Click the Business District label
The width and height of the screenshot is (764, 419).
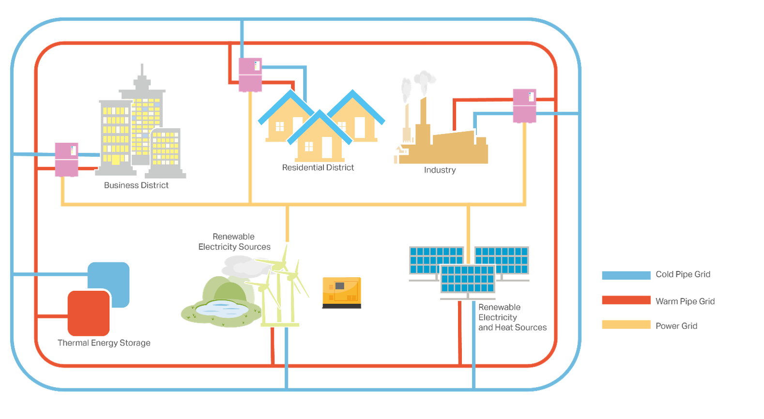pos(137,185)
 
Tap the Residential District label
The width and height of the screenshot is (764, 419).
pos(318,167)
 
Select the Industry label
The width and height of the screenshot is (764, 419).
pos(440,170)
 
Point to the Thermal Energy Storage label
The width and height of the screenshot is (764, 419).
pos(104,343)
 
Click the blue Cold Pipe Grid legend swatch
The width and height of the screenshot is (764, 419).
pos(626,275)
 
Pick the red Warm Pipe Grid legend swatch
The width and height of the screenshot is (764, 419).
pos(626,300)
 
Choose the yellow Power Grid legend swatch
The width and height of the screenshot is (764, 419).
pos(626,325)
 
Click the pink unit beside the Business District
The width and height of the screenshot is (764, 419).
pos(66,159)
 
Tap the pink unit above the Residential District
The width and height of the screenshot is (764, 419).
pos(250,75)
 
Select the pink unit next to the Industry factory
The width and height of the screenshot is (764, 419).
pos(524,105)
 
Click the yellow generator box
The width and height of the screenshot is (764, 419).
pos(341,292)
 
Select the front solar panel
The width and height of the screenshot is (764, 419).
pos(468,280)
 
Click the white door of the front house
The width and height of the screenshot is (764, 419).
pos(327,147)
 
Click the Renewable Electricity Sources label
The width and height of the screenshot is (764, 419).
pos(234,242)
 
